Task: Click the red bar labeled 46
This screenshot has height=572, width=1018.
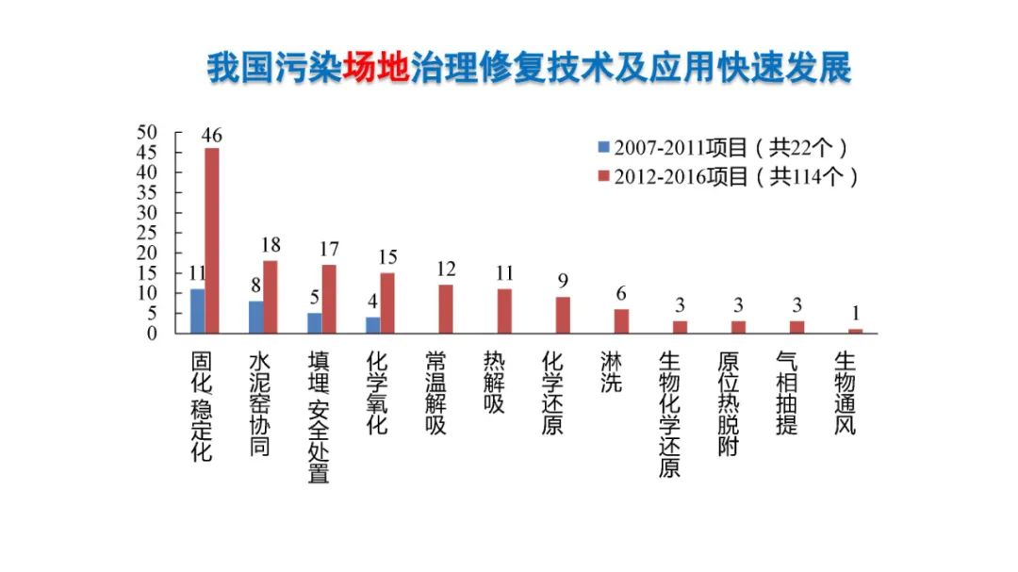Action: [x=212, y=240]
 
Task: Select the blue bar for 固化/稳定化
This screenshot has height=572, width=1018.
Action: [x=197, y=311]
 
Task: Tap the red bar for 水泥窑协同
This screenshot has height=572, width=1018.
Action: [x=271, y=297]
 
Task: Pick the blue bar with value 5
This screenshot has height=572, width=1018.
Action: [x=314, y=323]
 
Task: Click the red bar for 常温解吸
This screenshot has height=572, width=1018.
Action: [x=446, y=309]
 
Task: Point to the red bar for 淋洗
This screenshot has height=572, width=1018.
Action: [x=621, y=321]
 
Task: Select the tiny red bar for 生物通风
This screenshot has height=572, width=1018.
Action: [x=855, y=331]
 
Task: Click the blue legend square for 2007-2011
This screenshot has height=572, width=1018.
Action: [x=604, y=148]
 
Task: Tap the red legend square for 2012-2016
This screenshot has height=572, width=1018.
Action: [x=604, y=176]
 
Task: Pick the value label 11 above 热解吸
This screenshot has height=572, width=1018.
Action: [x=505, y=274]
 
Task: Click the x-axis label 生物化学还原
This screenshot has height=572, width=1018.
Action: [x=669, y=415]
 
